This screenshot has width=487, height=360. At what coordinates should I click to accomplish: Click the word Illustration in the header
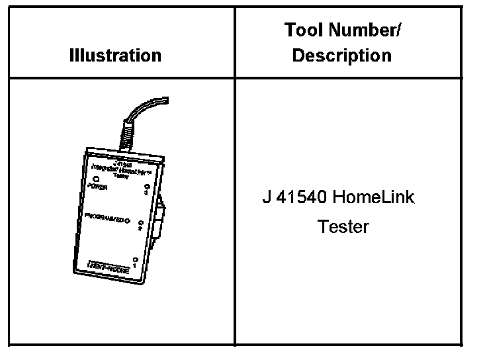tap(115, 56)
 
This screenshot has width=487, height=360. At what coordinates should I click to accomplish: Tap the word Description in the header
tap(341, 56)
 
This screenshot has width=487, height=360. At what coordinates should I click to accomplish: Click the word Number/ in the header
tap(366, 30)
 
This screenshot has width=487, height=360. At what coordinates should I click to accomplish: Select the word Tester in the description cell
tap(343, 227)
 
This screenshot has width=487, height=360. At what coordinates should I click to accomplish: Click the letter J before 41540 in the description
tap(266, 197)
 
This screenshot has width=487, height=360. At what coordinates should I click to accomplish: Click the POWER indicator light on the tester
tap(97, 179)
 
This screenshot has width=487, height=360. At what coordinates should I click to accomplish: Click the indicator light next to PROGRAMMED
tap(126, 220)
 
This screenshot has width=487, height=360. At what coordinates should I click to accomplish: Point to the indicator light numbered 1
tap(136, 259)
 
